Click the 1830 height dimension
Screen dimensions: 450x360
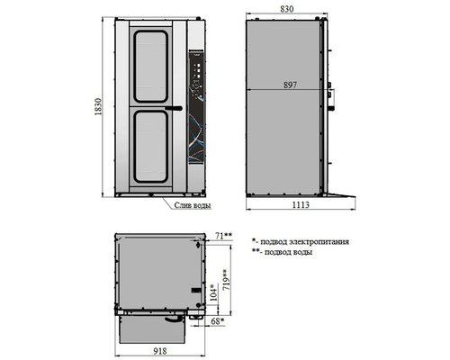(99, 107)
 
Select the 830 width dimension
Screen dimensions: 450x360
(287, 9)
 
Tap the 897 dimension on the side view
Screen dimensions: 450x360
(290, 85)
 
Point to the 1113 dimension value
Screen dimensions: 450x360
(301, 205)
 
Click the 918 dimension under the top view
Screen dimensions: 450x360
(159, 351)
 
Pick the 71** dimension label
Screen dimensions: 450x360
(224, 236)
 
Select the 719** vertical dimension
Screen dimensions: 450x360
(227, 279)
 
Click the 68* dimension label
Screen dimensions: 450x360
(218, 321)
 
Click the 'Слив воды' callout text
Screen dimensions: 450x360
(193, 205)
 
